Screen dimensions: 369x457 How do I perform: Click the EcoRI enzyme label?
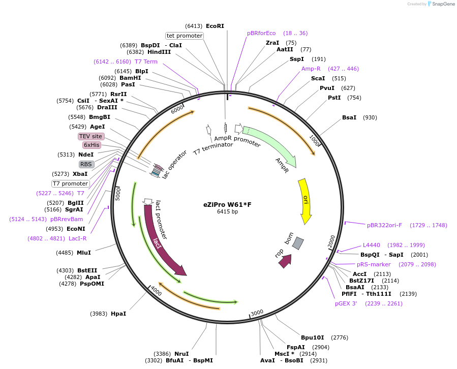coord(215,26)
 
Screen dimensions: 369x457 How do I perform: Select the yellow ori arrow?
coord(305,201)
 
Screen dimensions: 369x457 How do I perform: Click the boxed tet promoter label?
coord(185,36)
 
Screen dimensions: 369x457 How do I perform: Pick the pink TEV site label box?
coord(91,136)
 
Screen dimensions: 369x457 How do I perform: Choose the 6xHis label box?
coord(92,145)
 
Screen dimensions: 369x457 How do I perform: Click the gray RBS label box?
coord(86,164)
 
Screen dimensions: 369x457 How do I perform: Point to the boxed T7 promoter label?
coord(71,183)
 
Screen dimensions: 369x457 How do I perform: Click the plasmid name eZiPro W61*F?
coord(227,205)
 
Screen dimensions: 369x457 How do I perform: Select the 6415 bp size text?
coord(227,212)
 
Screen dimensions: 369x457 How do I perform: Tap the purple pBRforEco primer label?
coord(261,33)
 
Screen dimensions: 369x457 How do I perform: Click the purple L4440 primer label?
coord(371,245)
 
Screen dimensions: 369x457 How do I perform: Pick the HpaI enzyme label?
coord(118,314)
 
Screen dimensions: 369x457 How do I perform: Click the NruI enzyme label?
coord(181,354)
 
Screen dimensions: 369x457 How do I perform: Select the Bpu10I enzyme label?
coord(312,337)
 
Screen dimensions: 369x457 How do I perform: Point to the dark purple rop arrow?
coord(285,261)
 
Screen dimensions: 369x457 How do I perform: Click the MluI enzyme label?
coord(84,253)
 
